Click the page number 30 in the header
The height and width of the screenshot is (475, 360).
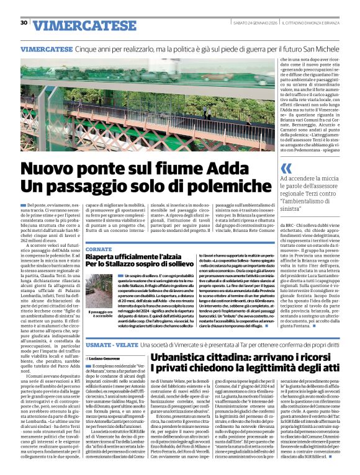24,23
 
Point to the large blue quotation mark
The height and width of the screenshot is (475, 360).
286,168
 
